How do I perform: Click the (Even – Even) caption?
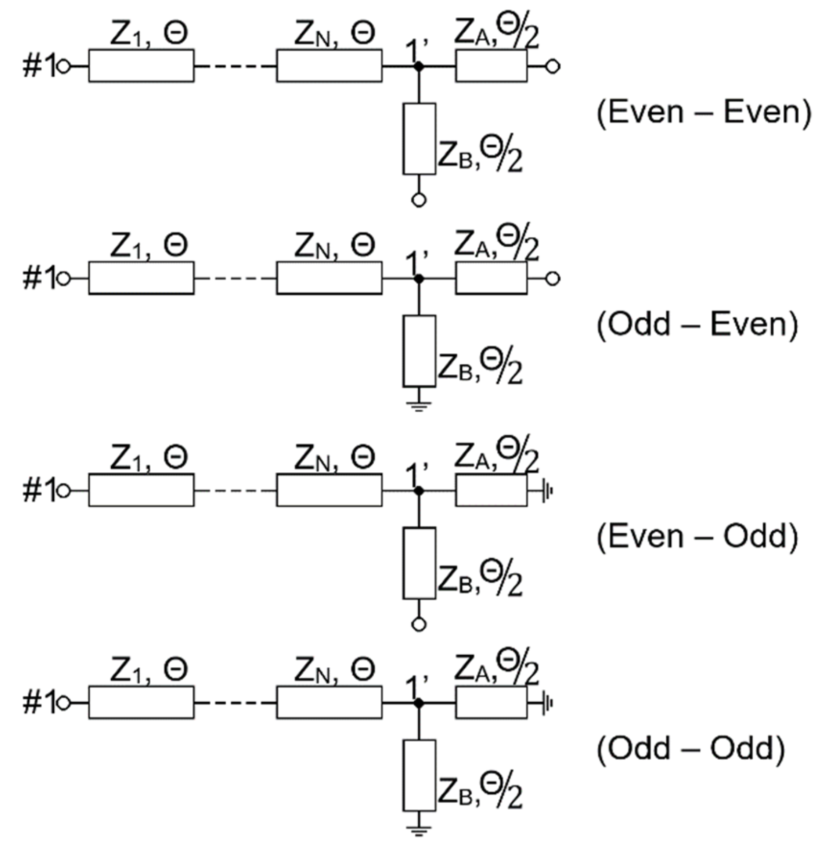[704, 112]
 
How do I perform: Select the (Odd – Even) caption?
[697, 324]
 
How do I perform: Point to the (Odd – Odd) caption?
[691, 748]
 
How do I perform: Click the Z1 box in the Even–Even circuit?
[141, 66]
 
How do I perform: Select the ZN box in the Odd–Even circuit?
[329, 278]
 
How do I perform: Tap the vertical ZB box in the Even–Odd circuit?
[419, 563]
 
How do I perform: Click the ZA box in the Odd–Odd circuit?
[491, 702]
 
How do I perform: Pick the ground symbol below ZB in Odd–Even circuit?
[419, 406]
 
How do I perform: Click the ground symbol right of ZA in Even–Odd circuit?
[547, 491]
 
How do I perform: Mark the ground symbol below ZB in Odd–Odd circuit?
[419, 830]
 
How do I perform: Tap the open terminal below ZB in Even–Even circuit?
[419, 200]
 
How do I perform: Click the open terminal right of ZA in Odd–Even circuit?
[553, 278]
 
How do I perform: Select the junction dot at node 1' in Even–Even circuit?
[419, 66]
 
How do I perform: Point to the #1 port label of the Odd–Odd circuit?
[38, 703]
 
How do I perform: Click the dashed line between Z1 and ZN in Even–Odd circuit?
[235, 491]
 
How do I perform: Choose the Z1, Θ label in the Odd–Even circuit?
[149, 246]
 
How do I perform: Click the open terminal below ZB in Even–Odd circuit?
[419, 624]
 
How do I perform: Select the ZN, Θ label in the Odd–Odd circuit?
[334, 670]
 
